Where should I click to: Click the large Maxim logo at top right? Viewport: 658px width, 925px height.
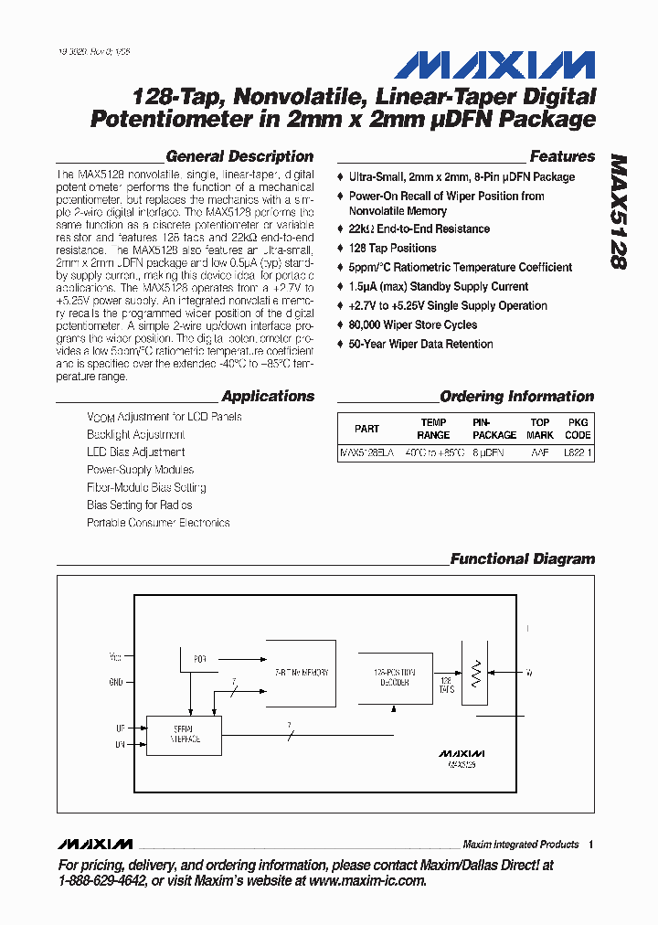tap(494, 66)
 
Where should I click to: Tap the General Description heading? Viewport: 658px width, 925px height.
tap(239, 156)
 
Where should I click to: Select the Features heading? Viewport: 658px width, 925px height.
tap(562, 156)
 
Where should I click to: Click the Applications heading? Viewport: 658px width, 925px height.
tap(268, 397)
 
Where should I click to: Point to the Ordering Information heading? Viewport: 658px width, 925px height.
tap(516, 397)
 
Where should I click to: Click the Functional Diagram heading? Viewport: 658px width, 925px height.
tap(522, 559)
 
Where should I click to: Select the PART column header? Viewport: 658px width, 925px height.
tap(366, 429)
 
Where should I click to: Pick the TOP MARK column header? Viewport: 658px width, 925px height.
tap(540, 429)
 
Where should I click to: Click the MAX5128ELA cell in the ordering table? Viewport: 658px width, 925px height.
tap(366, 452)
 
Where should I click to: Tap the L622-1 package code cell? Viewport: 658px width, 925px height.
tap(578, 452)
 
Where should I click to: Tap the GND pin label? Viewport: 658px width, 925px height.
tap(115, 682)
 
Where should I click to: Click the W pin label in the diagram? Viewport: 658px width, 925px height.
tap(529, 674)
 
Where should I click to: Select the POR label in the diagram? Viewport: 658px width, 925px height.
tap(200, 658)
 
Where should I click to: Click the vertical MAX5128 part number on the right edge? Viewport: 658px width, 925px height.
tap(618, 209)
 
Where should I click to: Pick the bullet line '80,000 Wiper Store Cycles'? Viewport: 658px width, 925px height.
tap(412, 325)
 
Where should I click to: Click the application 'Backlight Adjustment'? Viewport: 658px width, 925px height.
tap(136, 435)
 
